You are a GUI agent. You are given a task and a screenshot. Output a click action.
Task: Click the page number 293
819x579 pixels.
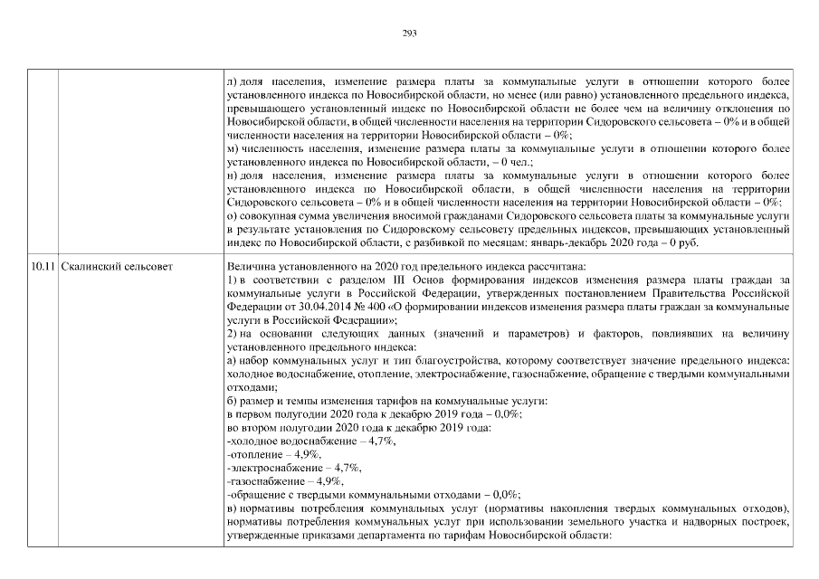click(x=409, y=33)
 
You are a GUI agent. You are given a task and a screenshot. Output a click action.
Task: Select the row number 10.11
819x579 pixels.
click(x=42, y=267)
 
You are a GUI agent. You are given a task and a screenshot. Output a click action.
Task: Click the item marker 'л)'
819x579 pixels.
click(x=232, y=82)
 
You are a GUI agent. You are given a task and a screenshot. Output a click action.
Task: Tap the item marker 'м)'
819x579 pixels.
click(x=232, y=148)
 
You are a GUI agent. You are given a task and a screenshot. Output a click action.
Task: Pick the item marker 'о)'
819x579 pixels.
click(x=231, y=215)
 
